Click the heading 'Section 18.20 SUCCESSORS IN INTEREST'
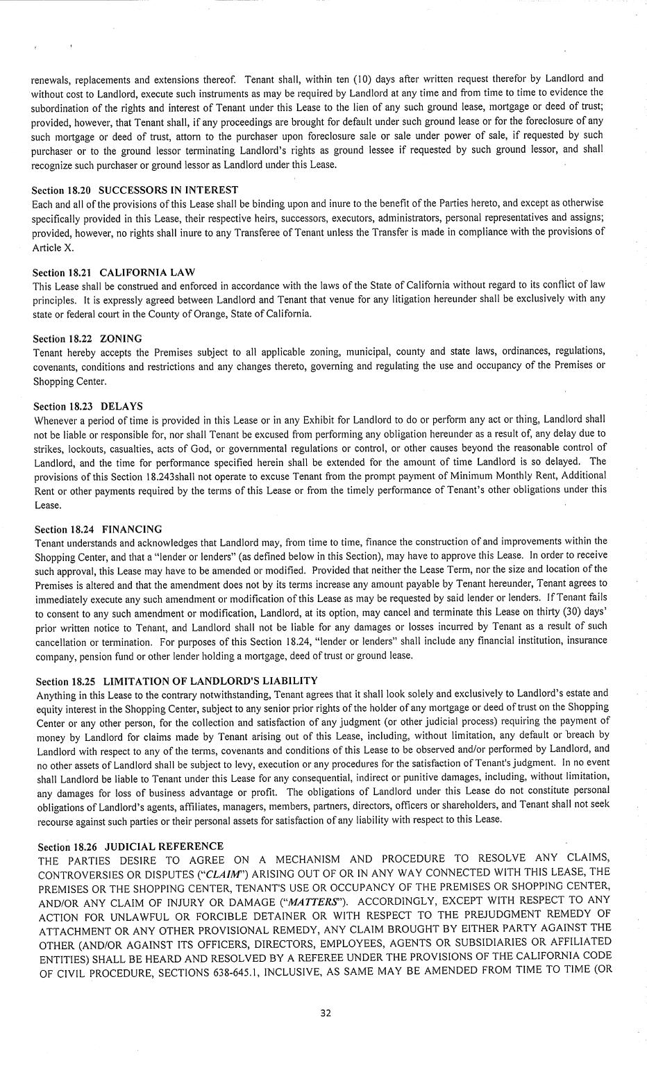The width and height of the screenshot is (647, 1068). tap(135, 190)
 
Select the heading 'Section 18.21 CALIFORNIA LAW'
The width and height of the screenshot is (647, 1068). tap(114, 272)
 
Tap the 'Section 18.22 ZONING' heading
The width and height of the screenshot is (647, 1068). tap(87, 338)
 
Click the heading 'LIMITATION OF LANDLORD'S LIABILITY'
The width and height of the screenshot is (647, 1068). tap(210, 681)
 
